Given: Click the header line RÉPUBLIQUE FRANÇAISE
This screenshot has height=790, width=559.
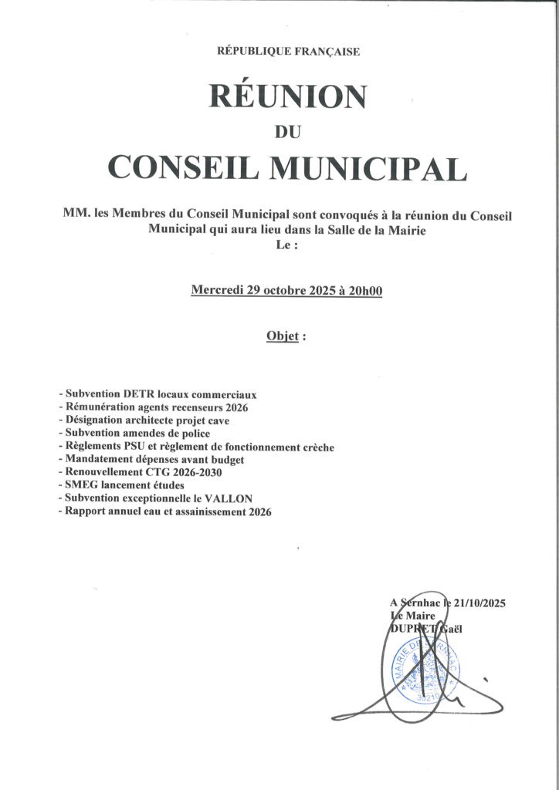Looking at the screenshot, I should pos(289,52).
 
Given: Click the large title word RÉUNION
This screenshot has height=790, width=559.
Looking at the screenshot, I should pos(287,97).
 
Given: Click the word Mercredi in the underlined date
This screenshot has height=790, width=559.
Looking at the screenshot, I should pos(217,290).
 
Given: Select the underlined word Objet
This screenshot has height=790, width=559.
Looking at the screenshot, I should pos(281,336).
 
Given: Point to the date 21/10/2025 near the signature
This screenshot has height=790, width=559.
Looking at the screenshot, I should pos(476,603).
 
